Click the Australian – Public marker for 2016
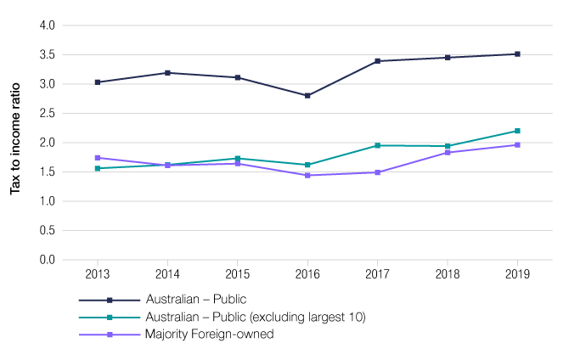pyautogui.click(x=307, y=96)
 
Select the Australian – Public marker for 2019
pyautogui.click(x=517, y=54)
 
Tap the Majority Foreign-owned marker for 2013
pyautogui.click(x=98, y=158)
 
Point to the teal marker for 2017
pyautogui.click(x=378, y=145)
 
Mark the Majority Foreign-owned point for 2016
pyautogui.click(x=307, y=175)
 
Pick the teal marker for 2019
pyautogui.click(x=517, y=131)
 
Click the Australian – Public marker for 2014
pyautogui.click(x=167, y=73)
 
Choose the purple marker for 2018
pyautogui.click(x=448, y=152)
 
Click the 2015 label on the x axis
pyautogui.click(x=238, y=274)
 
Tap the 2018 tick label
pyautogui.click(x=448, y=274)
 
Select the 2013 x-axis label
pyautogui.click(x=98, y=274)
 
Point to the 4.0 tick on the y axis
pyautogui.click(x=47, y=25)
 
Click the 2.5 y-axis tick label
pyautogui.click(x=47, y=113)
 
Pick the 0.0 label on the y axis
pyautogui.click(x=47, y=259)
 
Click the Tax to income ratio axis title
pyautogui.click(x=15, y=142)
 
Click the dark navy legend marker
pyautogui.click(x=109, y=300)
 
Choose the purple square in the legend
pyautogui.click(x=109, y=334)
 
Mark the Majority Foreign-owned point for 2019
pyautogui.click(x=517, y=145)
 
